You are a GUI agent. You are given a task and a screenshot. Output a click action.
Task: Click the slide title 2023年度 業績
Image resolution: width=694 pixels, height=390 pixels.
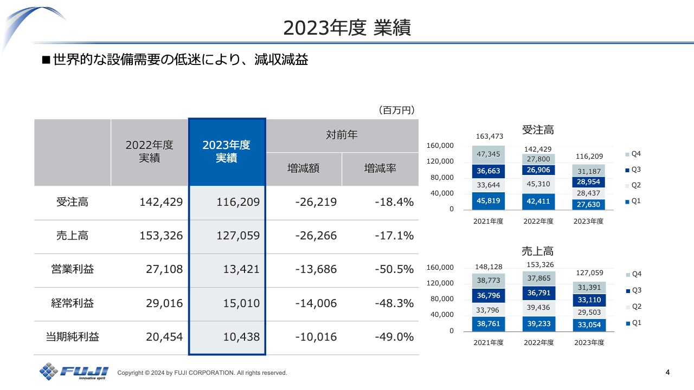pyautogui.click(x=347, y=28)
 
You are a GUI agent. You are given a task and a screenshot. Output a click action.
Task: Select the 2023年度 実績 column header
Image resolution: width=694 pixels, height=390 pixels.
pyautogui.click(x=227, y=152)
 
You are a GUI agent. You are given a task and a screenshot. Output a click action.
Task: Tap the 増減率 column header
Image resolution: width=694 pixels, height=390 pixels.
pyautogui.click(x=380, y=168)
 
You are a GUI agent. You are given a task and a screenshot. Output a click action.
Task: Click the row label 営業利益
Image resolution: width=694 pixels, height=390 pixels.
pyautogui.click(x=72, y=269)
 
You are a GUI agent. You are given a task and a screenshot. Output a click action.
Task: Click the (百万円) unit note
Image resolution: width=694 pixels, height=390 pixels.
pyautogui.click(x=396, y=110)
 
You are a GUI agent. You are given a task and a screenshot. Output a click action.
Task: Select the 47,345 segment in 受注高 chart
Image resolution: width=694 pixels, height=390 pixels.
pyautogui.click(x=488, y=154)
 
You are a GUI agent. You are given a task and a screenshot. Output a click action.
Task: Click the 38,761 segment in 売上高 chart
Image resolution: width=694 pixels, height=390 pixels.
pyautogui.click(x=488, y=324)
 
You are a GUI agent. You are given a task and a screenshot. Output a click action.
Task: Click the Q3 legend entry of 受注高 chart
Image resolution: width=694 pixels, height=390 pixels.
pyautogui.click(x=632, y=170)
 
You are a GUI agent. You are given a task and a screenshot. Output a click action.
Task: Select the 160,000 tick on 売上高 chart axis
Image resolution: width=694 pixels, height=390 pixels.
pyautogui.click(x=440, y=268)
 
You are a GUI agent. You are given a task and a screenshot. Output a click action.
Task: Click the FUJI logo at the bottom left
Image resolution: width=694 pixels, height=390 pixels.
pyautogui.click(x=74, y=372)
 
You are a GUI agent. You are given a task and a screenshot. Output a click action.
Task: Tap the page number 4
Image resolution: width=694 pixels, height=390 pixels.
pyautogui.click(x=667, y=372)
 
